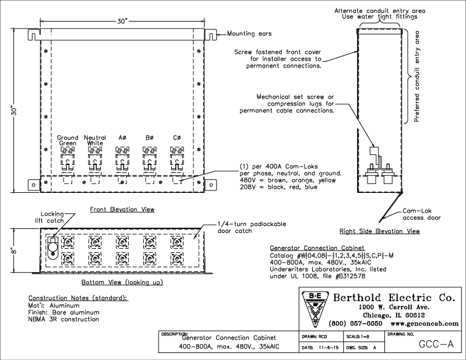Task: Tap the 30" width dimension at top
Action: pos(122,20)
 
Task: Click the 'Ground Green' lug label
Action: pos(68,140)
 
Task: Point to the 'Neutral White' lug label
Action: pos(95,140)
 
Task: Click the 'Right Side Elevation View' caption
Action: pos(380,231)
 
